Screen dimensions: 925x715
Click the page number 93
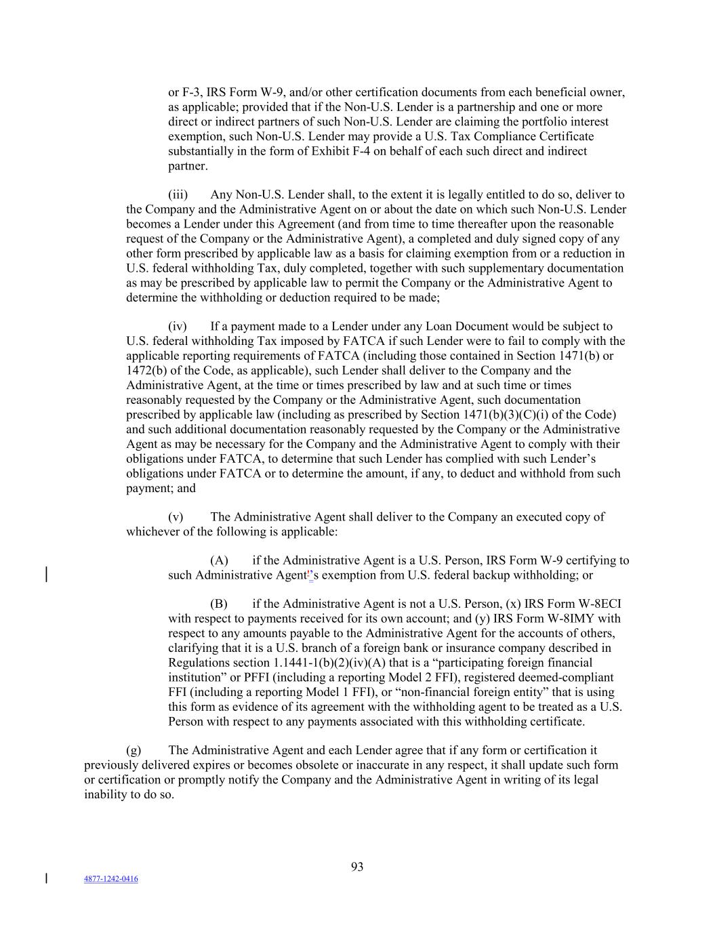coord(357,867)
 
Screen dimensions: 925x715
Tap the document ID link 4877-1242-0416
coord(110,879)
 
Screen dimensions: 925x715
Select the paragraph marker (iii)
coord(178,195)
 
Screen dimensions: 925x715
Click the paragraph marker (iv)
coord(177,327)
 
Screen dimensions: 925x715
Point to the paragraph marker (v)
coord(176,517)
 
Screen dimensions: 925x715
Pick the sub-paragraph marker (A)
coord(219,560)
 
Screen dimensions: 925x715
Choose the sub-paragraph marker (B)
coord(219,604)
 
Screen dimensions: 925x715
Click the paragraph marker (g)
coord(134,750)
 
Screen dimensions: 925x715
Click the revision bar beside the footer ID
coord(46,878)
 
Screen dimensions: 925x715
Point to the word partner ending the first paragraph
coord(187,166)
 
